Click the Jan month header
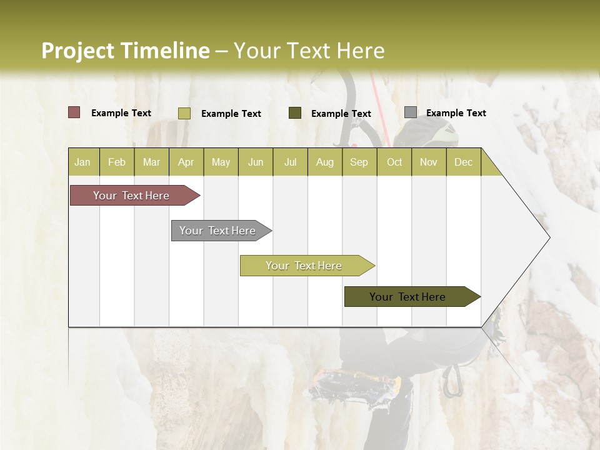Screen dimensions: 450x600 point(82,162)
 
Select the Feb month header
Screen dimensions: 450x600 point(117,162)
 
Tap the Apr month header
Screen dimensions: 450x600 point(186,162)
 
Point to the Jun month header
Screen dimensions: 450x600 point(256,162)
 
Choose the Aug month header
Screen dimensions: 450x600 point(324,162)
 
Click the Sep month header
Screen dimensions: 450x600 point(359,162)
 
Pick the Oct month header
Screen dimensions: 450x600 point(394,162)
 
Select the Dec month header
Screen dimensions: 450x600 point(463,162)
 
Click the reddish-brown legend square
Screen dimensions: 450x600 point(74,112)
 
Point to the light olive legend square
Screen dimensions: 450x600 point(184,113)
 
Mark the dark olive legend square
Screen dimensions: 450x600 point(295,113)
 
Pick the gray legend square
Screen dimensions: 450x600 point(411,112)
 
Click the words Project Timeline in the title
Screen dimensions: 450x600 point(126,51)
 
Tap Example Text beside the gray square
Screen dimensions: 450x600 point(456,113)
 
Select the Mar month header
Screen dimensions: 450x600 point(151,162)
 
